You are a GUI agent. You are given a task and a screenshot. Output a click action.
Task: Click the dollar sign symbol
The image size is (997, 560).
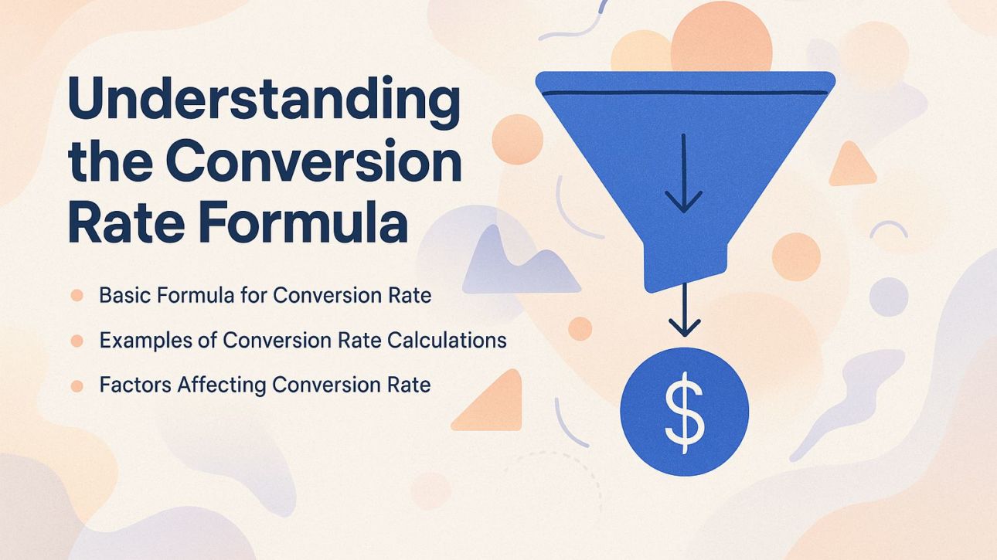click(685, 411)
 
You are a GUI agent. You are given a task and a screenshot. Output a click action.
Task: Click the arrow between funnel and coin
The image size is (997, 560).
click(683, 309)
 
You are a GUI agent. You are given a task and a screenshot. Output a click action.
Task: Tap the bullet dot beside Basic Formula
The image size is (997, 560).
click(77, 295)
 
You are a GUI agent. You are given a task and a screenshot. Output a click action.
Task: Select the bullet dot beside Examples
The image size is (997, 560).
click(77, 340)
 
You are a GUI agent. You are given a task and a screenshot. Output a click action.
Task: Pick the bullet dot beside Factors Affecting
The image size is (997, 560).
click(77, 385)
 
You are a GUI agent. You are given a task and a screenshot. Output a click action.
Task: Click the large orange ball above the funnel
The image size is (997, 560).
click(720, 39)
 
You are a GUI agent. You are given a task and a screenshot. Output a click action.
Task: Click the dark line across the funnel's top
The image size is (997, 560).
click(683, 93)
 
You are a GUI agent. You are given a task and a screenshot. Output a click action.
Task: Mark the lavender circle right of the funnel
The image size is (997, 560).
click(888, 297)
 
